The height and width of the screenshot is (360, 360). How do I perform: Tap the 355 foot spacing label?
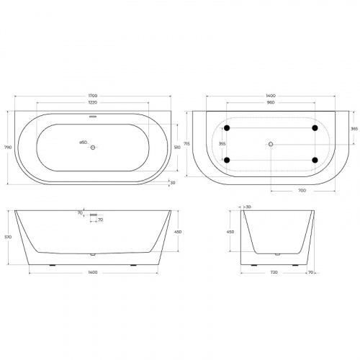[222, 143]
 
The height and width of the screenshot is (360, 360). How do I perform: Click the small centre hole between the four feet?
[271, 144]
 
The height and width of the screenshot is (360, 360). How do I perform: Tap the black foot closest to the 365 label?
[315, 128]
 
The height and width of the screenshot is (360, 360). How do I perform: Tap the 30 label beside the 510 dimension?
[172, 182]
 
